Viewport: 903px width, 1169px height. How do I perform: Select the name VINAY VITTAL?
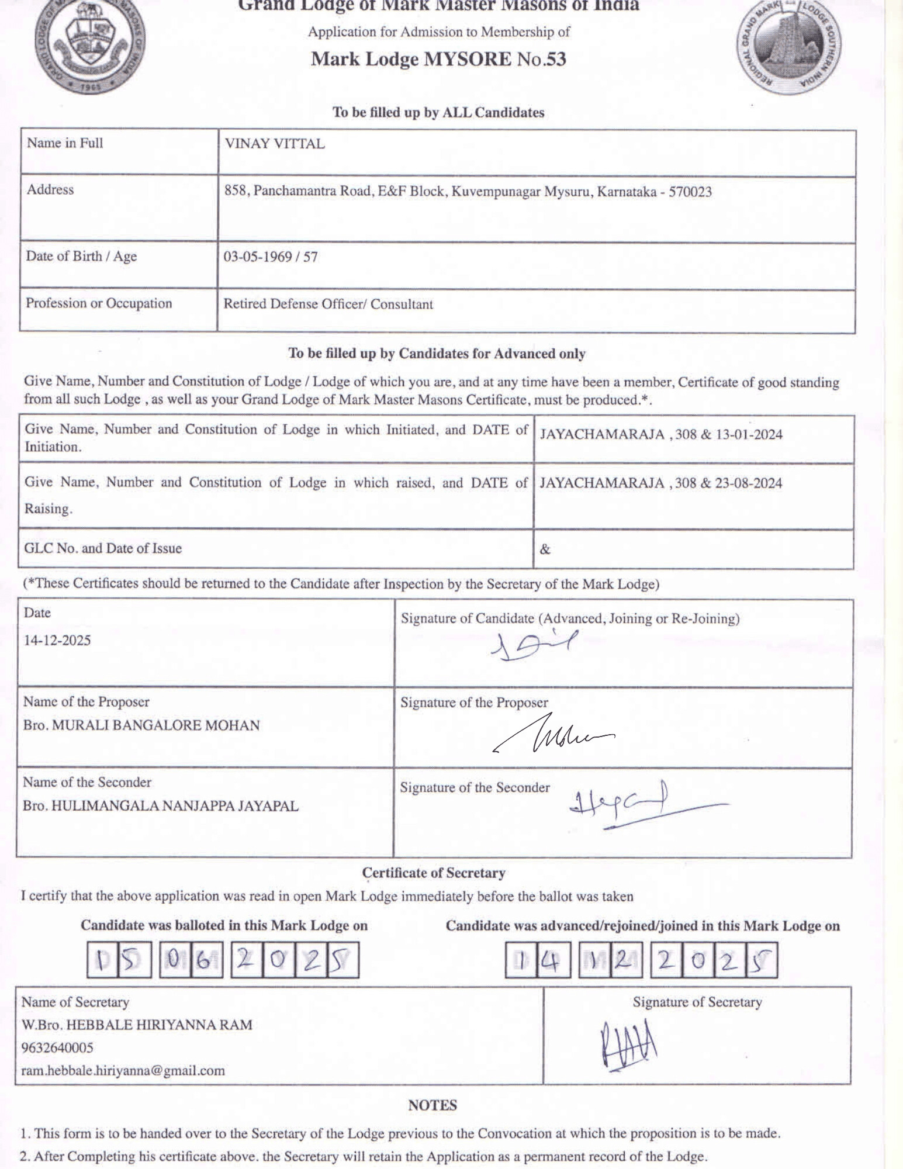[x=274, y=144]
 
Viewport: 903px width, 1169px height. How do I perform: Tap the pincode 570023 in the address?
[x=690, y=192]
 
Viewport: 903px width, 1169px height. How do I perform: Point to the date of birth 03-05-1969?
[x=257, y=257]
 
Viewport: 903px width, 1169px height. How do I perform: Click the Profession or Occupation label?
[x=99, y=303]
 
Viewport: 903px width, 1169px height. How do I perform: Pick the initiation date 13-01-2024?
[x=748, y=434]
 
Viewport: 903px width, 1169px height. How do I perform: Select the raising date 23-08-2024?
[x=748, y=483]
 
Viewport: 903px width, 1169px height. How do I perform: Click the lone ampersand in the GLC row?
[x=545, y=549]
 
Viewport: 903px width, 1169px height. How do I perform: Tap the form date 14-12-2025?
[x=57, y=641]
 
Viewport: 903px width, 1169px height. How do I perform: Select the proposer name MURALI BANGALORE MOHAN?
[x=155, y=725]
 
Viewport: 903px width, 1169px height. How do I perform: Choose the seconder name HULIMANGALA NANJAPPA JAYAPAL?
[x=175, y=806]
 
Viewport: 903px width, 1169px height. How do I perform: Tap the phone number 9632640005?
[x=57, y=1047]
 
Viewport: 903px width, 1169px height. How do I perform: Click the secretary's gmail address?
[x=123, y=1071]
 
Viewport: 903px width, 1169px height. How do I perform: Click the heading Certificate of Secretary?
[x=433, y=873]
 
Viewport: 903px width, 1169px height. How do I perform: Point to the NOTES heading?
[x=433, y=1105]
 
